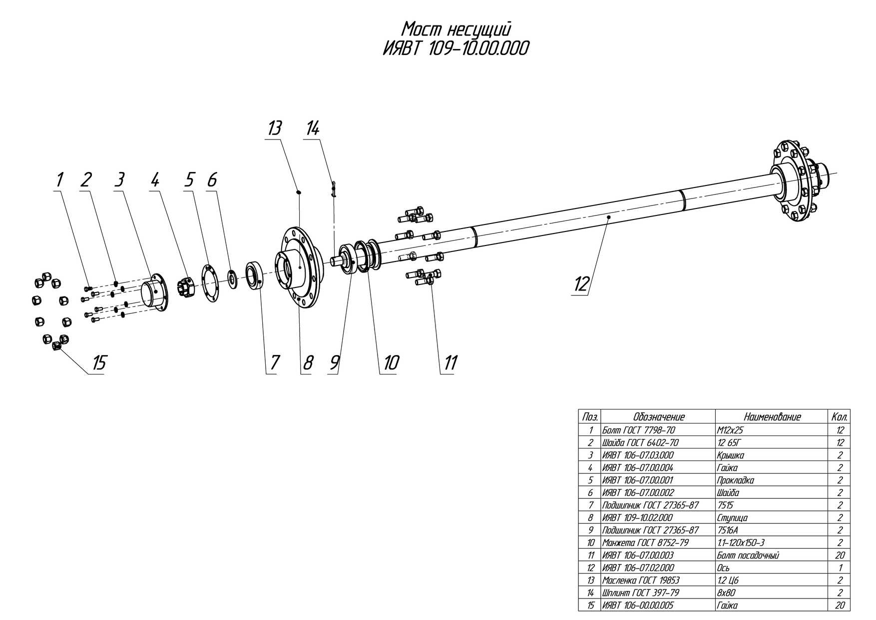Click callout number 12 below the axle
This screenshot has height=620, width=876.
[582, 284]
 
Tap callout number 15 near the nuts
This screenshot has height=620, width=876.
[99, 363]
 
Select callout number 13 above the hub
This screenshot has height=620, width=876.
[274, 128]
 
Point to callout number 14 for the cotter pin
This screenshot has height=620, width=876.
[312, 128]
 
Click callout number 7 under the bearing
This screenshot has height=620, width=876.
[274, 363]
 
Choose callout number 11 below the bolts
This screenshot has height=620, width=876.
[450, 363]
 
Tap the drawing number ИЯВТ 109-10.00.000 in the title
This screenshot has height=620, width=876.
[455, 49]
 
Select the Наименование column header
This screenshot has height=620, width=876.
[772, 417]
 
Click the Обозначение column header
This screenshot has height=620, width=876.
[658, 417]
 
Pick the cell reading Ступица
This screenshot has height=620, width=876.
[732, 517]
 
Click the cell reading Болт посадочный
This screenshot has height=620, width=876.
[748, 555]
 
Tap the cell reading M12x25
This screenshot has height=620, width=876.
[730, 430]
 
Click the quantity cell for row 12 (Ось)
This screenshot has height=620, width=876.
[840, 567]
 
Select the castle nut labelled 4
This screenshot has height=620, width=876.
[184, 288]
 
